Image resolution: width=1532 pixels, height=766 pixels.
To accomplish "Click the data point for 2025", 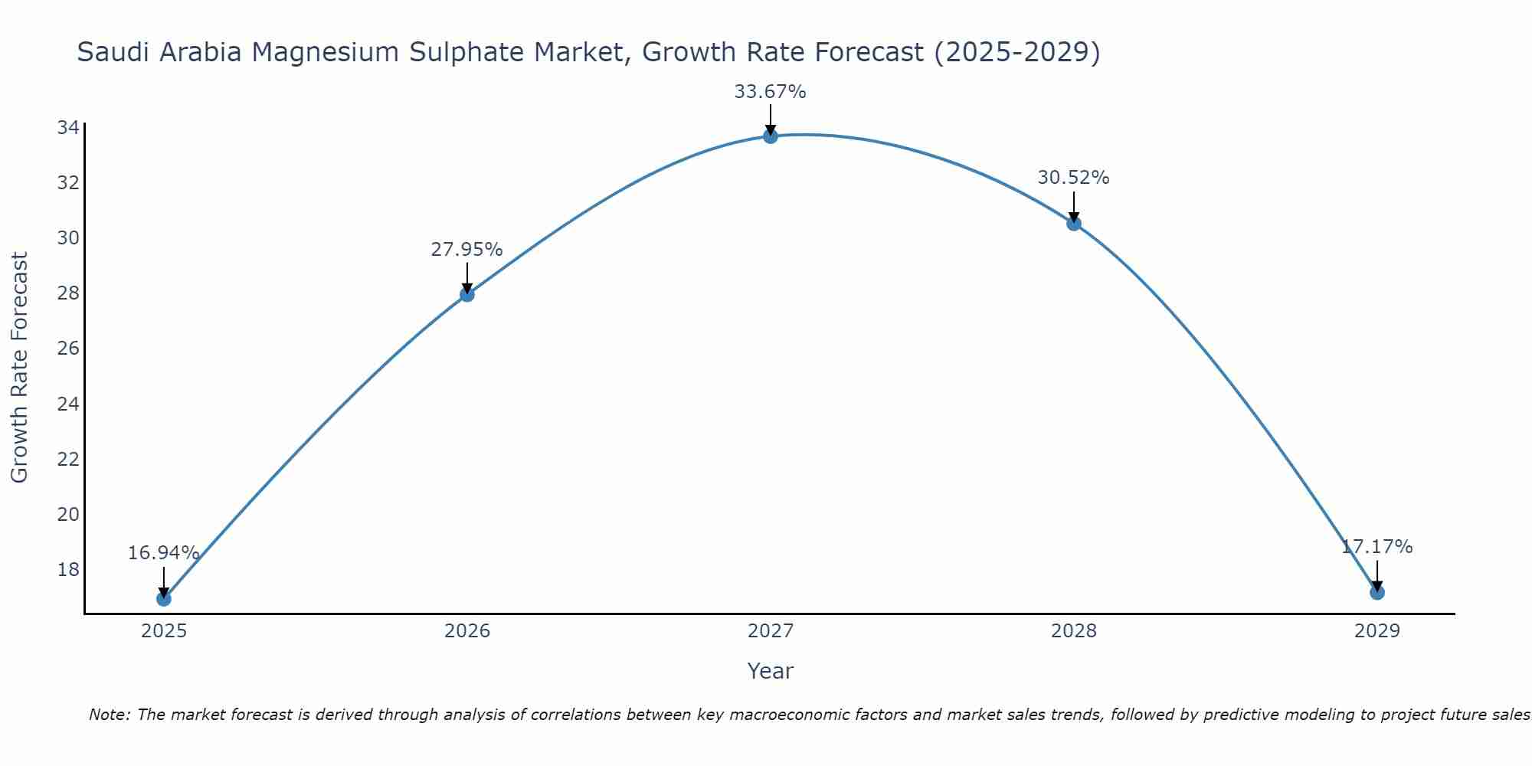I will click(x=164, y=598).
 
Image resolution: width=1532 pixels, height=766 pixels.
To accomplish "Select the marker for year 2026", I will click(x=467, y=294).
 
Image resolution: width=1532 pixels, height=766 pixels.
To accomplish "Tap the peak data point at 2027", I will click(x=771, y=136).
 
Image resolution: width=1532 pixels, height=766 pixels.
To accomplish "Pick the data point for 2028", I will click(x=1074, y=224).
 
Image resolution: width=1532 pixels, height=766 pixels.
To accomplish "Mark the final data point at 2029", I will click(x=1377, y=592).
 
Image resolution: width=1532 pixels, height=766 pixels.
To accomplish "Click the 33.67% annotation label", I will click(x=770, y=92).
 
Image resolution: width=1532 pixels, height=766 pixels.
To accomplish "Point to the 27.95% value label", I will click(x=466, y=250).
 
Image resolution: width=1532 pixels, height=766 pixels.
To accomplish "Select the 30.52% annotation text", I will click(x=1073, y=178).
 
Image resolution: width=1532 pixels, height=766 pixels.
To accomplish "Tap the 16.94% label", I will click(x=163, y=553).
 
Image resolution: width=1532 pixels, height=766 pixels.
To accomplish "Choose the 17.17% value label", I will click(x=1377, y=547).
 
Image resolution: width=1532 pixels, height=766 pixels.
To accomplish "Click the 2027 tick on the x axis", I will click(x=771, y=631).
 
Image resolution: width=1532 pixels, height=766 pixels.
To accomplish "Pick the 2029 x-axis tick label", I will click(x=1377, y=631).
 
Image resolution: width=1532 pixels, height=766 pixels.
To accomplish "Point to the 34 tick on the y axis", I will click(x=68, y=128).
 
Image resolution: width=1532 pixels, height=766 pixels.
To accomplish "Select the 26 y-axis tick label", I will click(x=68, y=349).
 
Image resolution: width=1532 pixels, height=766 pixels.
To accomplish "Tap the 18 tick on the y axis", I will click(x=68, y=569).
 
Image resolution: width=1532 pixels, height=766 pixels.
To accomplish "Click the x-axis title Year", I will click(x=770, y=671).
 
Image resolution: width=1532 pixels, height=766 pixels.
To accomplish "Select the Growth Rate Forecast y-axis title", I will click(x=19, y=368).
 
